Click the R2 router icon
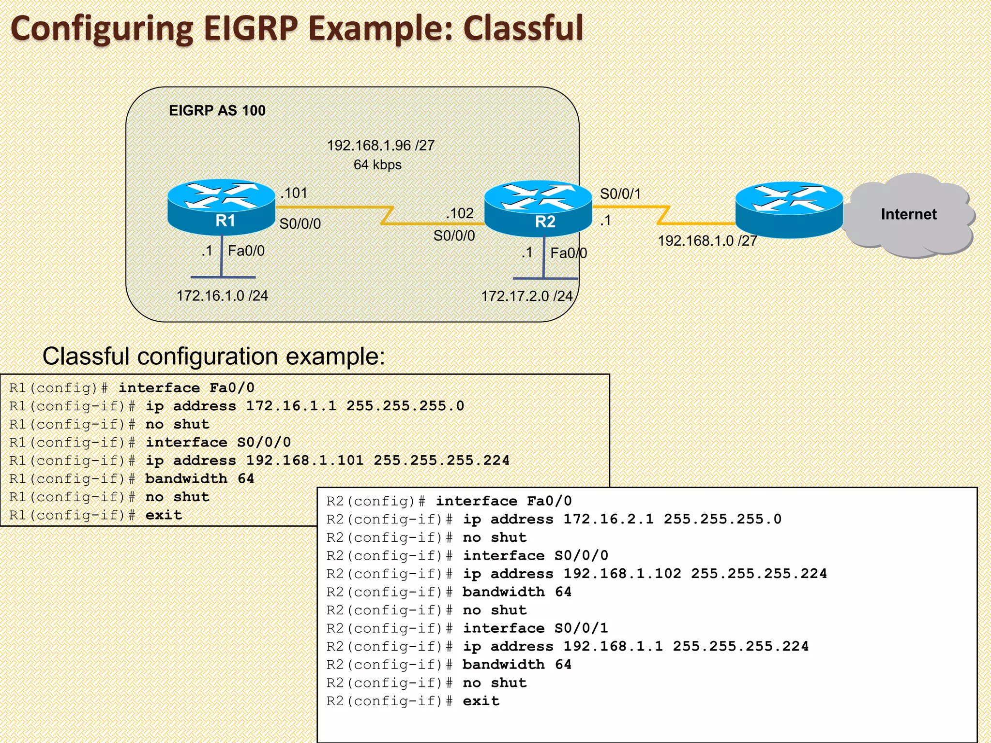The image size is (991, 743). [x=538, y=209]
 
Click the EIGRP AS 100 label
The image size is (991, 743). [x=217, y=111]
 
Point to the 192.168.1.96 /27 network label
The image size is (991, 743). [x=381, y=146]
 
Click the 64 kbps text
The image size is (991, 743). [x=377, y=165]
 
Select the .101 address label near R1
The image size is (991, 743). [x=294, y=193]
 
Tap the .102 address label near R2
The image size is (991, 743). [x=459, y=213]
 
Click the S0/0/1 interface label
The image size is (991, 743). [x=620, y=194]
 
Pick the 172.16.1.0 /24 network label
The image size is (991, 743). [x=222, y=296]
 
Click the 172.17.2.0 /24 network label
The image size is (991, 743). [x=526, y=296]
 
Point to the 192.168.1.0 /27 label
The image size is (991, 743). [x=707, y=240]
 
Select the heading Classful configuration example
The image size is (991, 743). [x=213, y=357]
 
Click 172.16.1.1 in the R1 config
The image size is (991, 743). [x=291, y=406]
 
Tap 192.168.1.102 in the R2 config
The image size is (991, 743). [x=622, y=574]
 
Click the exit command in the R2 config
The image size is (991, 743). [x=481, y=701]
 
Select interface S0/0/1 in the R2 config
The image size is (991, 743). [x=535, y=628]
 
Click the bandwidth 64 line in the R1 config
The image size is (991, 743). [x=199, y=478]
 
